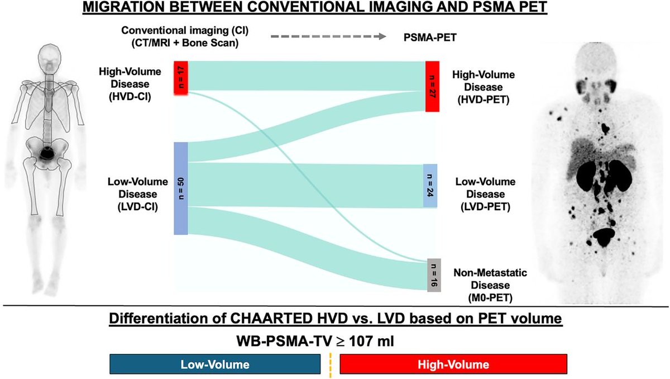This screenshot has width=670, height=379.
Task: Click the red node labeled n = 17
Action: (181, 78)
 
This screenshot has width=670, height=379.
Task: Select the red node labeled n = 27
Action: (433, 86)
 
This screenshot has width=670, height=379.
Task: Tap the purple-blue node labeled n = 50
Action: (181, 188)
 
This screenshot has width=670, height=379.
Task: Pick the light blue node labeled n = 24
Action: (430, 186)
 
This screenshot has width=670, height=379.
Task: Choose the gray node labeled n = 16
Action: (434, 275)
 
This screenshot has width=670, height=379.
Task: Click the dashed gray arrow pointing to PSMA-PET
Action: (328, 36)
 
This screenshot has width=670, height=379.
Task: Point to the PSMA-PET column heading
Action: (430, 37)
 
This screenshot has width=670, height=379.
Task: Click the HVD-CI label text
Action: (130, 97)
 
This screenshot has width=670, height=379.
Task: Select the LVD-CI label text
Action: (138, 207)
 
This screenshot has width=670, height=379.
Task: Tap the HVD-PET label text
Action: (484, 100)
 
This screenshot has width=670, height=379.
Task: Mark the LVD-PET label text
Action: (485, 207)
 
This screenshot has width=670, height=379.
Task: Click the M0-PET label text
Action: (490, 297)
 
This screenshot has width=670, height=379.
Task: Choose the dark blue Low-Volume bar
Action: (215, 364)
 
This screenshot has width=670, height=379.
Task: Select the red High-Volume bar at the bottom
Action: (453, 364)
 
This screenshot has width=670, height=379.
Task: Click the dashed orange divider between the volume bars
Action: (331, 365)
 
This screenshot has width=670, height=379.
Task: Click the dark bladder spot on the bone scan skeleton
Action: (47, 153)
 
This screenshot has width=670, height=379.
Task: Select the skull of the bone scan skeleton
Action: (50, 59)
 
